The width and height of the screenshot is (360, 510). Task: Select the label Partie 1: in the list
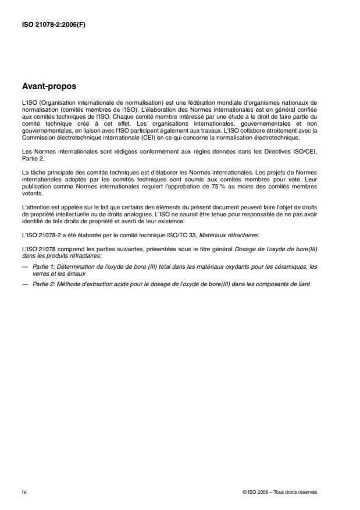[40, 266]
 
